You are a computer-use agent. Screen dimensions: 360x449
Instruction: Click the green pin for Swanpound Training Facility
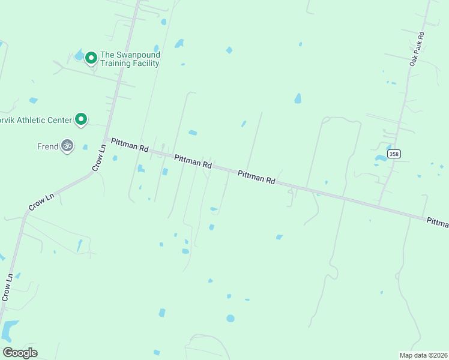point(91,58)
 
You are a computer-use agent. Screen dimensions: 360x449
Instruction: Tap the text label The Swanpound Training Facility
point(130,59)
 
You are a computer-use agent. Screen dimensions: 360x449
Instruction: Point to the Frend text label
point(48,146)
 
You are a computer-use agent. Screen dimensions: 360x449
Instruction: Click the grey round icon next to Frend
point(67,145)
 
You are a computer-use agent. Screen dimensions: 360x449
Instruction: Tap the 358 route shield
point(394,154)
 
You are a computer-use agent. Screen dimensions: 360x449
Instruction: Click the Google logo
point(20,352)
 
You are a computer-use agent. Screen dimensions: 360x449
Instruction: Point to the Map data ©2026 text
point(423,355)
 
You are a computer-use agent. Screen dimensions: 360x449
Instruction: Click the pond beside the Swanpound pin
point(79,55)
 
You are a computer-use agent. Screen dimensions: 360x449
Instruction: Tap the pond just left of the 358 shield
point(381,159)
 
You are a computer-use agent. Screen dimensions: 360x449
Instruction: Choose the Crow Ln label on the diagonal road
point(41,202)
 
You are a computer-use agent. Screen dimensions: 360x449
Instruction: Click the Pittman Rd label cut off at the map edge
point(438,223)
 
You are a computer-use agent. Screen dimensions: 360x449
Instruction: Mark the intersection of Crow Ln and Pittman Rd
point(106,142)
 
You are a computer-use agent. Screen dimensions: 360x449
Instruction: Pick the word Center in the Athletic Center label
point(59,120)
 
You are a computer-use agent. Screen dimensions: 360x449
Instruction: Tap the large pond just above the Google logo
point(10,329)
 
